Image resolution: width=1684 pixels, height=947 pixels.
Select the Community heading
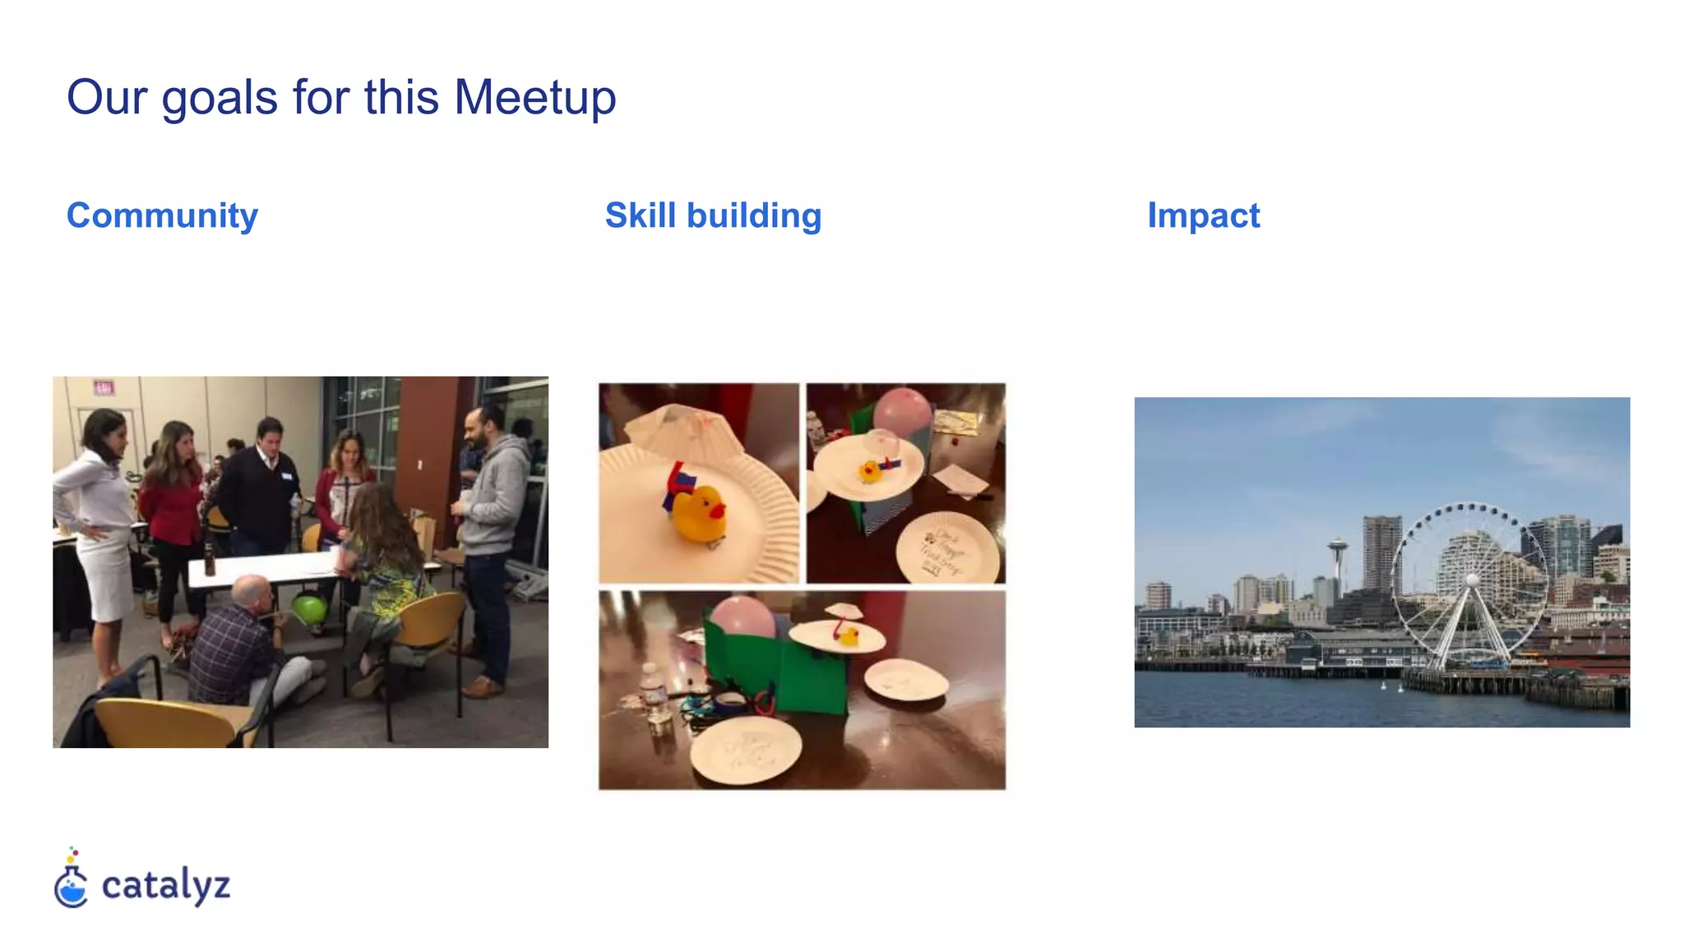pos(162,215)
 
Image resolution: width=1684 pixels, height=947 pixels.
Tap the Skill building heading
pos(713,215)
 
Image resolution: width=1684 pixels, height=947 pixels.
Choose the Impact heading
pos(1203,215)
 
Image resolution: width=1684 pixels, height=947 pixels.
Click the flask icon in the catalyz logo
pos(72,884)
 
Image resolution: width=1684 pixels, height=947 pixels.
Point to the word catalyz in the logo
pos(165,885)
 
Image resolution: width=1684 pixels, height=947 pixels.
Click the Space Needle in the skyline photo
pos(1337,559)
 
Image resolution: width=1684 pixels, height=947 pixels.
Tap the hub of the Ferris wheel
pos(1472,580)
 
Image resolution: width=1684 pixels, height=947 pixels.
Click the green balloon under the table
pos(309,609)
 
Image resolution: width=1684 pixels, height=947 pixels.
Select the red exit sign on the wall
pos(104,386)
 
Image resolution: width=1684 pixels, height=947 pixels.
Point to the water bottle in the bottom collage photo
pos(655,695)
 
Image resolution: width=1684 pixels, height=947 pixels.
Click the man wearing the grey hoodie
pos(490,526)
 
